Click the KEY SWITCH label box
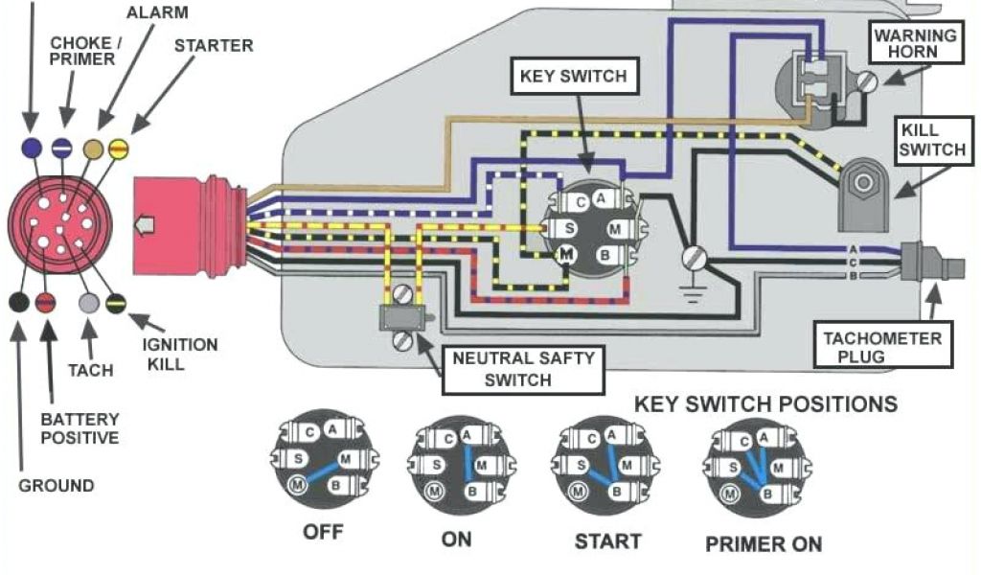(x=573, y=76)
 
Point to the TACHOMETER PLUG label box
(x=882, y=348)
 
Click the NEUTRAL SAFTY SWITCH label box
(x=523, y=369)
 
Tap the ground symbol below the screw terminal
(x=692, y=287)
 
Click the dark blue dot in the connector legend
(x=31, y=148)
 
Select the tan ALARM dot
(x=94, y=149)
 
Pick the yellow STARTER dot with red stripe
(x=119, y=149)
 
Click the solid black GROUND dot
(x=18, y=303)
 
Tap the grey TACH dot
(x=88, y=303)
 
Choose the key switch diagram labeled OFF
(x=322, y=459)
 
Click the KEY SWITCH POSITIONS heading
(x=765, y=403)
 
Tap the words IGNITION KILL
(x=180, y=354)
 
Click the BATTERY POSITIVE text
(x=80, y=428)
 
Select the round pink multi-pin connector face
(x=59, y=223)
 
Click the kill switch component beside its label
(x=861, y=192)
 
